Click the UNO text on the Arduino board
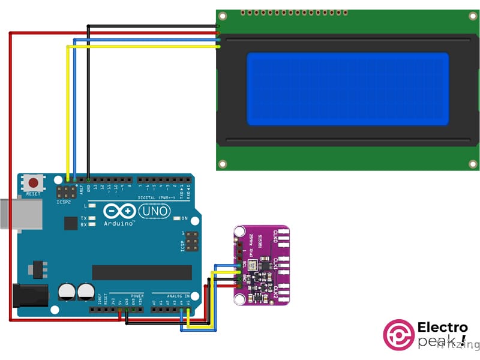154,211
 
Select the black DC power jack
29,296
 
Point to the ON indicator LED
177,218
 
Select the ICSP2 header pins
65,192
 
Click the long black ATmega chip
142,272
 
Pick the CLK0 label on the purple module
275,233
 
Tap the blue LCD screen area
347,89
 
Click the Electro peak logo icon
398,334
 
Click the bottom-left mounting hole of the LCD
223,163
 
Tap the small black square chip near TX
71,224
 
